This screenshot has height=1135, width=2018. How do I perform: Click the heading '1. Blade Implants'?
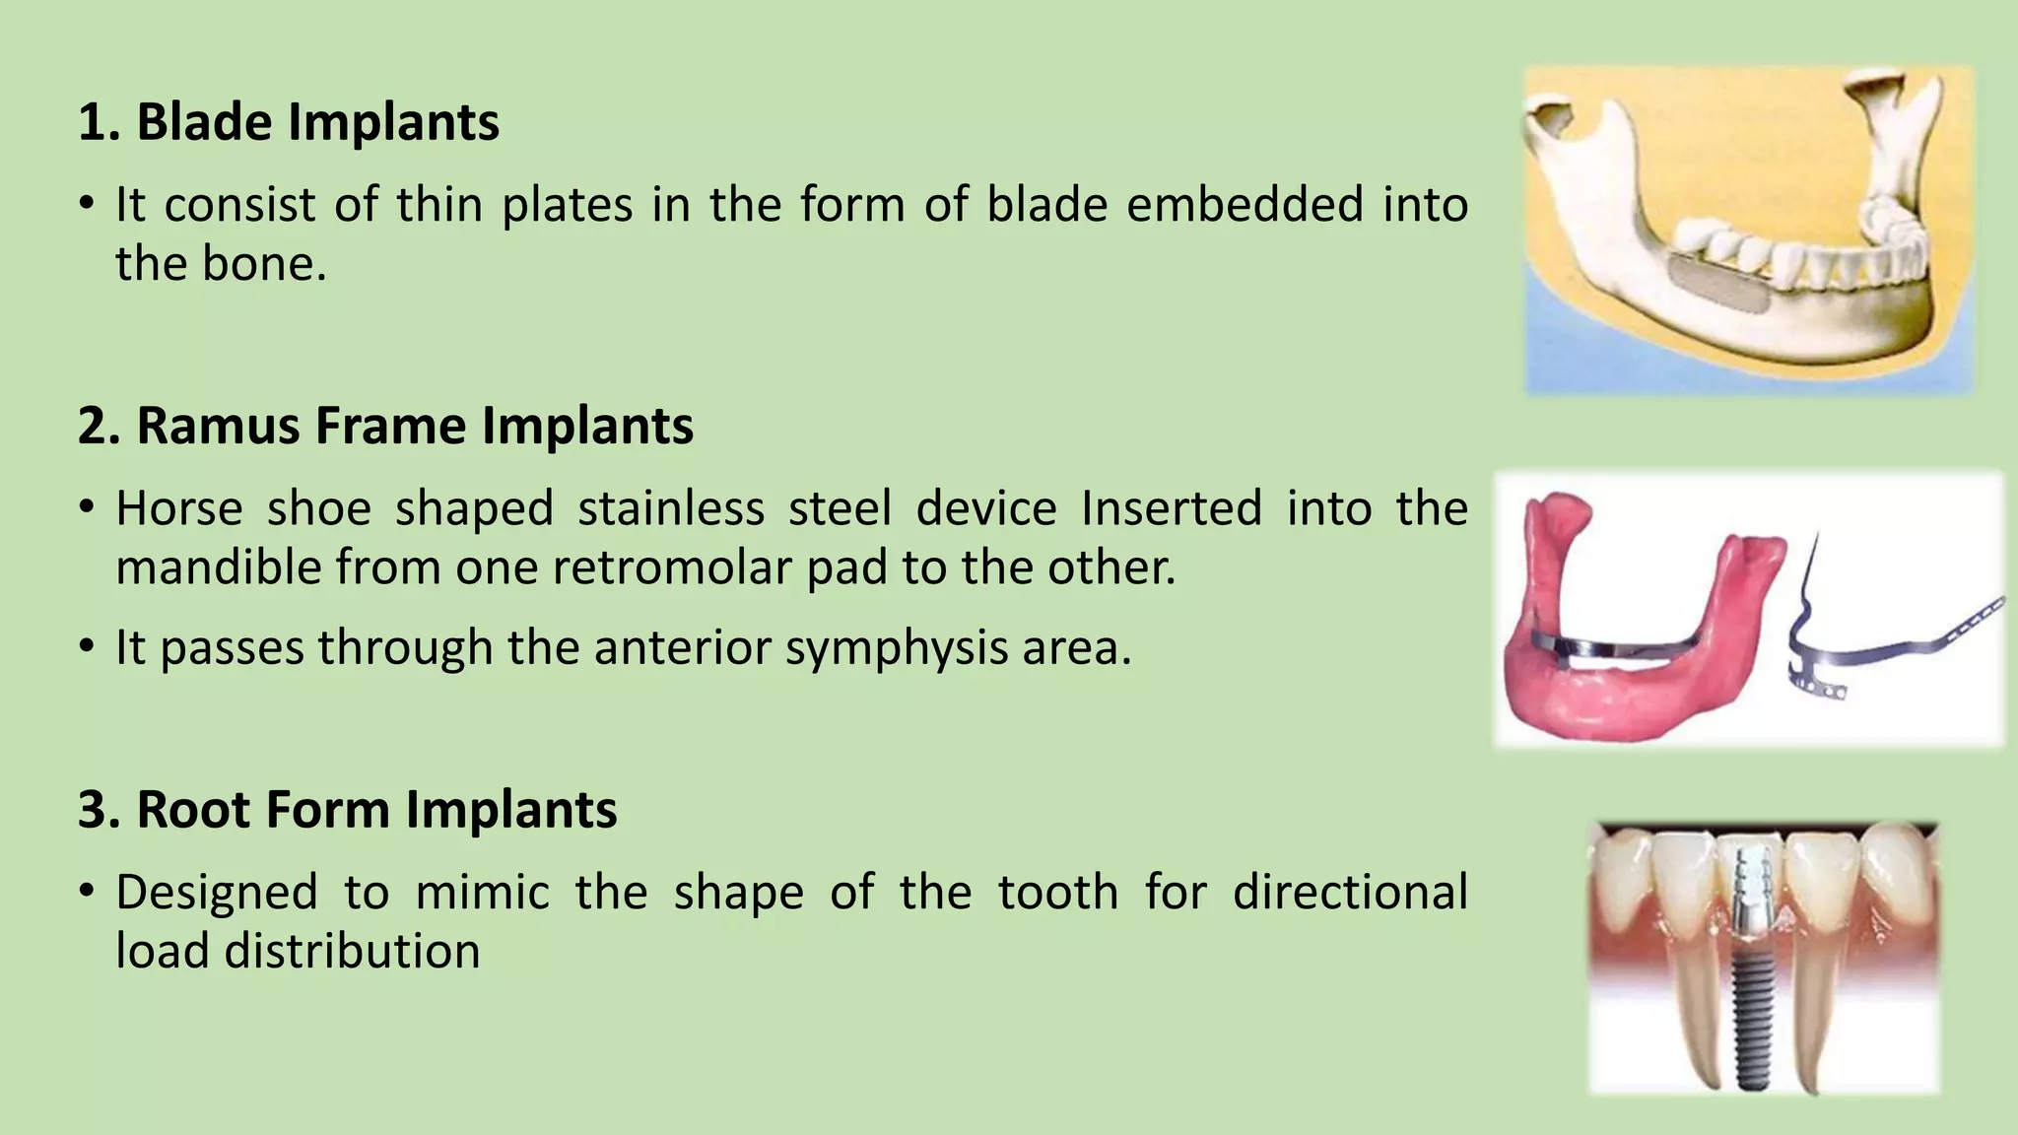[288, 122]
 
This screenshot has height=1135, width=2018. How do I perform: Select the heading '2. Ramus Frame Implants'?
[385, 426]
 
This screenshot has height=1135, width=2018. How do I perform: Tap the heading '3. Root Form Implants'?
[347, 809]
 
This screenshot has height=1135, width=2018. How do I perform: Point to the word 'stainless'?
[670, 508]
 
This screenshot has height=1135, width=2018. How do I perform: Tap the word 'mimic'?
[482, 892]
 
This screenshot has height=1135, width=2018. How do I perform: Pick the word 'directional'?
[1350, 892]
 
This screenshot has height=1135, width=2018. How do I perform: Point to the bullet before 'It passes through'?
[87, 647]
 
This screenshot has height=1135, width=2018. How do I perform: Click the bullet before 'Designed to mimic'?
[87, 892]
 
